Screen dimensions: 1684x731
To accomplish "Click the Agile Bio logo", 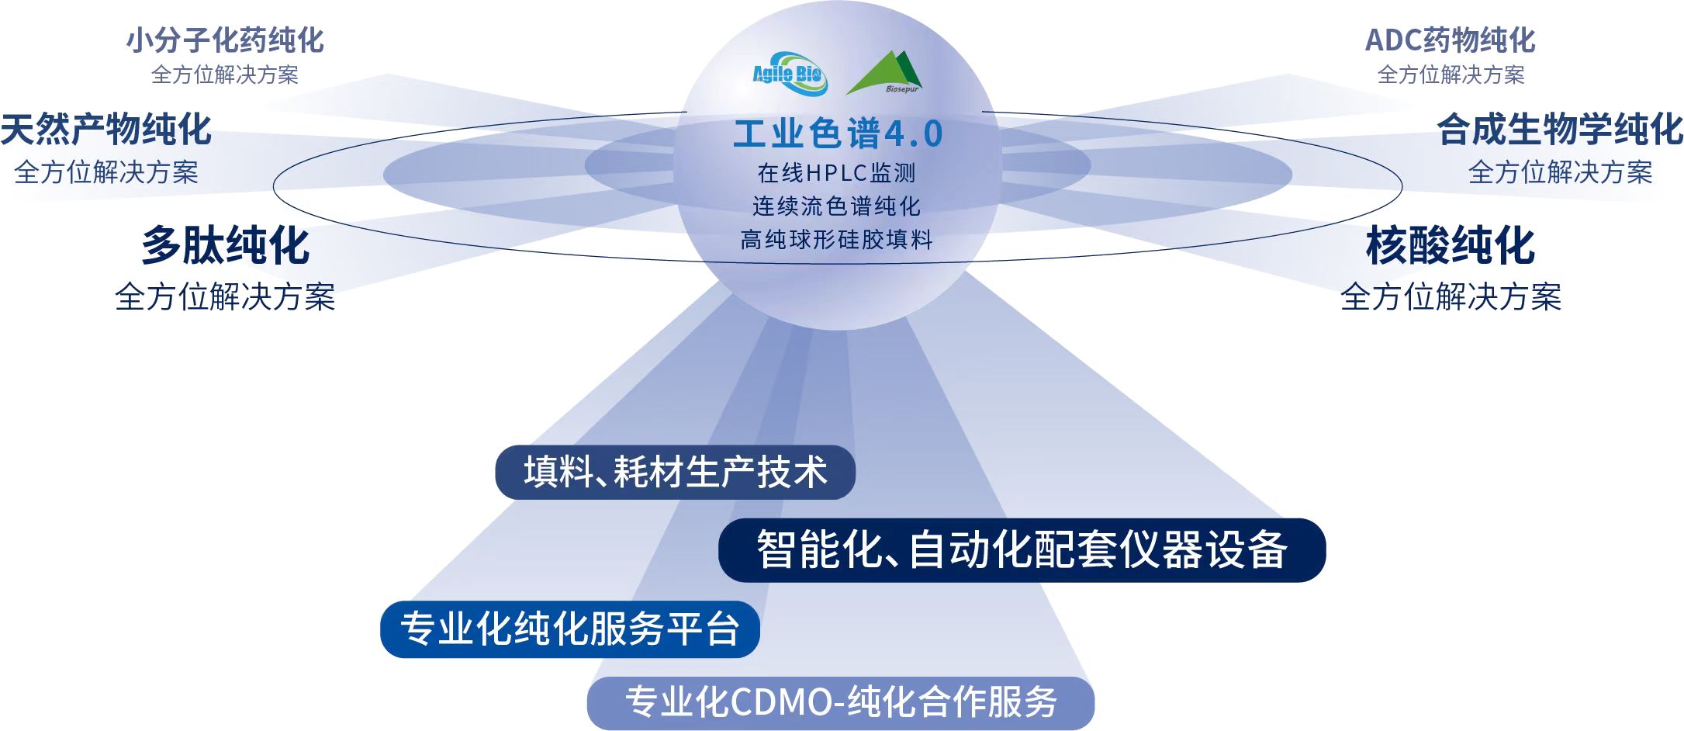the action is point(790,74).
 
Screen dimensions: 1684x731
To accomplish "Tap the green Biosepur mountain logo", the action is point(886,73).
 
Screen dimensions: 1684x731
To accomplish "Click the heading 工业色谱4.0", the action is point(838,133).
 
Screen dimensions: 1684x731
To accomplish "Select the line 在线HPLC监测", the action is point(837,172).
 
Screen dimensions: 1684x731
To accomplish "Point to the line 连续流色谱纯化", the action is point(837,206).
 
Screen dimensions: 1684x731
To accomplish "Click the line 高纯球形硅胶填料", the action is point(837,239).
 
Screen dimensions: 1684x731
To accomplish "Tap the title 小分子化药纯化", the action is point(225,40).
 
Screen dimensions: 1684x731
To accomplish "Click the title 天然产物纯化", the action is point(106,129).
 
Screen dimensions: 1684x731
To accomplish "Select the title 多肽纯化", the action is point(225,245).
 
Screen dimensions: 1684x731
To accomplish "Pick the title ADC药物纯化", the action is point(1451,40).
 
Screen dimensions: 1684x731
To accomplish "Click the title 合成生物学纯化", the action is point(1560,129).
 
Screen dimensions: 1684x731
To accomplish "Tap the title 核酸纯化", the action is point(1451,245).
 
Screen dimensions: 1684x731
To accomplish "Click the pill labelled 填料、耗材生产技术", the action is point(675,472).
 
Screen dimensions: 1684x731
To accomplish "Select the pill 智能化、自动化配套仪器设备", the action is point(1022,550).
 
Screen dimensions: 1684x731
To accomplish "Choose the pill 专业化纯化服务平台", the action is point(570,629).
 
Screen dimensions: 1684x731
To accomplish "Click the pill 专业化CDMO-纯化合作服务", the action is point(841,702).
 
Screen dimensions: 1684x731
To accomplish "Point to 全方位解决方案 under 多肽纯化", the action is point(225,296).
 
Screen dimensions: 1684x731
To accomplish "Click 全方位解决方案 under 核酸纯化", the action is point(1451,296).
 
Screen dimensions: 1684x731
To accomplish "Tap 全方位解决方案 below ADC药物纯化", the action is point(1451,74).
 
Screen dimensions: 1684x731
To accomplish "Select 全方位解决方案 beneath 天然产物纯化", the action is point(106,171).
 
